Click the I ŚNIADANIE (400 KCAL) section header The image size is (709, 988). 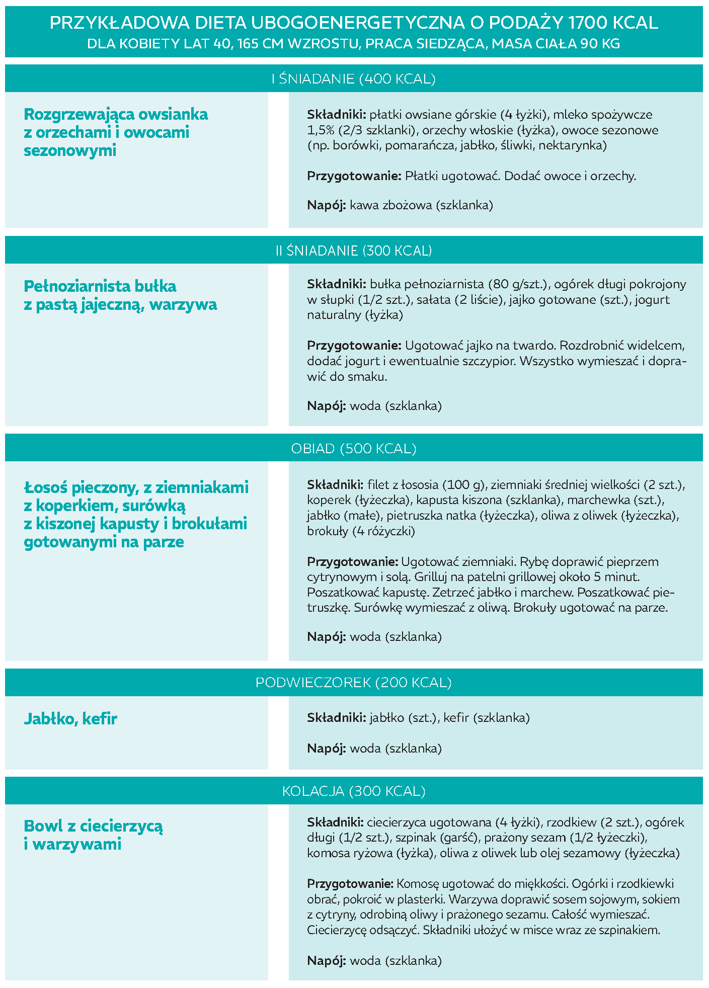pos(354,79)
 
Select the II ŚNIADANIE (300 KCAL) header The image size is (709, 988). pos(354,251)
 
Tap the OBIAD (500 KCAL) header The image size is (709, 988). pos(354,449)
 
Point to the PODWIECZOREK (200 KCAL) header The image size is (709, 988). pos(354,683)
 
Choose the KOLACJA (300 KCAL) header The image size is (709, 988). pos(354,791)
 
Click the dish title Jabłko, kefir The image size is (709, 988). pos(70,719)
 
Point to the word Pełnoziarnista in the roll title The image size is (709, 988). pos(70,286)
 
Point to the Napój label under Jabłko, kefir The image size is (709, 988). pos(326,749)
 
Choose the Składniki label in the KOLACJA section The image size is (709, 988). pos(335,822)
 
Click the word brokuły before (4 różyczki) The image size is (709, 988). pos(328,531)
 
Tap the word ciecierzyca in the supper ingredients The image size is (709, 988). pos(397,822)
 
